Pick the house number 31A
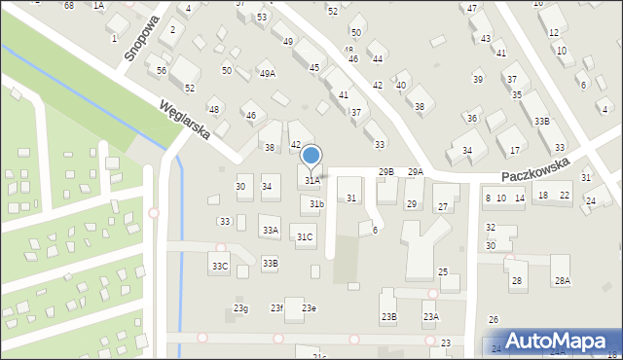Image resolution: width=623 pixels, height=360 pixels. click(x=312, y=181)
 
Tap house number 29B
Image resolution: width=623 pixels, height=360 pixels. click(x=386, y=172)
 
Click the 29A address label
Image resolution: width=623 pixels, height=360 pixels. click(x=415, y=172)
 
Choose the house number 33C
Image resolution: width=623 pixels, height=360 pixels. click(x=220, y=267)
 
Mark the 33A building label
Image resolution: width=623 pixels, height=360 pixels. click(x=270, y=231)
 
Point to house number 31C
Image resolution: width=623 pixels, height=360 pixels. click(x=306, y=237)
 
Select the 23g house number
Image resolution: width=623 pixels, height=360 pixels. click(x=240, y=309)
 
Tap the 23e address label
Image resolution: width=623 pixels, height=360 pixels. click(x=309, y=308)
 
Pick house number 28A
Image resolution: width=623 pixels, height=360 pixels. click(x=562, y=281)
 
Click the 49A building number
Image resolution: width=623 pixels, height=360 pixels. click(x=267, y=74)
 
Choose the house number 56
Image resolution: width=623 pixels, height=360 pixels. click(x=162, y=71)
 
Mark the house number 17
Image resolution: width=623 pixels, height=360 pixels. click(x=515, y=151)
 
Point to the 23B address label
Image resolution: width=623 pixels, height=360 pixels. click(x=388, y=317)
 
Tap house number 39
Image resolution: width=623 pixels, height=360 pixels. click(x=477, y=79)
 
